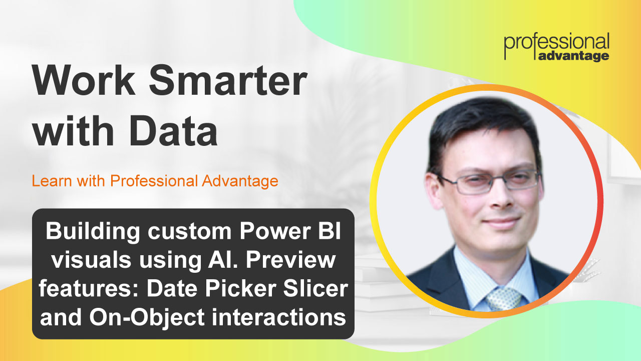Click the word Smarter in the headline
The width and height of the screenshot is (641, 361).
click(x=228, y=80)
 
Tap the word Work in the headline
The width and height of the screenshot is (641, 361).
click(x=84, y=80)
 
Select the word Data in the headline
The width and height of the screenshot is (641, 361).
click(x=174, y=131)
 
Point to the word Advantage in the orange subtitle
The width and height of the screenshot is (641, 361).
click(x=240, y=182)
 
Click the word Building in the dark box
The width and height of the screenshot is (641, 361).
click(x=93, y=232)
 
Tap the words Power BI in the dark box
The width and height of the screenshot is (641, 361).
click(x=290, y=231)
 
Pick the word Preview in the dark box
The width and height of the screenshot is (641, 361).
click(x=291, y=260)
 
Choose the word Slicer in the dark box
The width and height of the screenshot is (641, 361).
click(x=316, y=289)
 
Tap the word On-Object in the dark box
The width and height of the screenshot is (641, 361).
click(x=147, y=318)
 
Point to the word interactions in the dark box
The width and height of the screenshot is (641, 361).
click(x=279, y=317)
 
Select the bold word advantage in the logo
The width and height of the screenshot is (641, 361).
click(x=573, y=56)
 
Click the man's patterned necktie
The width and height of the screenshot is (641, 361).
click(x=504, y=299)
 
